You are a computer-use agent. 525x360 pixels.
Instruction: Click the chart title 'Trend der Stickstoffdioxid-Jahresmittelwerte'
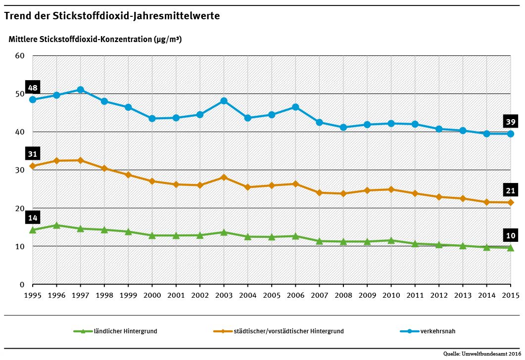coord(112,16)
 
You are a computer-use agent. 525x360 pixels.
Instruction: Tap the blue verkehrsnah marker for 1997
coord(80,90)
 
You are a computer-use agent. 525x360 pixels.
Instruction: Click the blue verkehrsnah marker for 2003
coord(224,101)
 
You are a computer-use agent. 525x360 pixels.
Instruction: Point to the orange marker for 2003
coord(224,177)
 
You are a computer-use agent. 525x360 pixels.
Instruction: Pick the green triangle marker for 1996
coord(56,225)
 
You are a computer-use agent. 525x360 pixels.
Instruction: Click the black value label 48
coord(33,88)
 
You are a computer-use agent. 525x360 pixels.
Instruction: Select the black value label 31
coord(33,153)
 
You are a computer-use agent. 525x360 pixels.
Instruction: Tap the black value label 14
coord(33,218)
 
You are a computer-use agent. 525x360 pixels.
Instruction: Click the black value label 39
coord(511,122)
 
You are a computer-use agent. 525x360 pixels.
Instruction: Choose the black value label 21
coord(511,191)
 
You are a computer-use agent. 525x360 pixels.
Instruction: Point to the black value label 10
coord(511,235)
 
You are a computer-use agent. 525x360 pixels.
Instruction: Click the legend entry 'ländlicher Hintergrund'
coord(125,331)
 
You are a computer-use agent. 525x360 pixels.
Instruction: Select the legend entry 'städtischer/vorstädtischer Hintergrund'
coord(289,331)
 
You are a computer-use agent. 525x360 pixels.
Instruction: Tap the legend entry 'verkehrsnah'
coord(437,331)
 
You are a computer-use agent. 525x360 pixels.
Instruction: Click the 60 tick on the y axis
coord(20,55)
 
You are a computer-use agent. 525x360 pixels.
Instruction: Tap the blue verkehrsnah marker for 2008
coord(343,127)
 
